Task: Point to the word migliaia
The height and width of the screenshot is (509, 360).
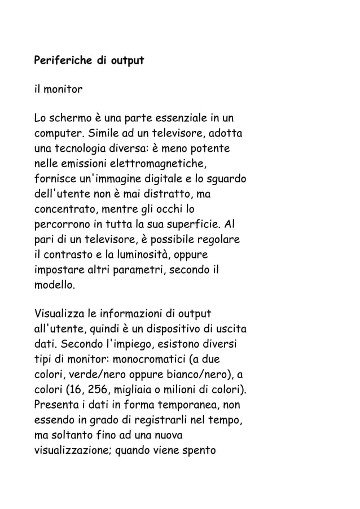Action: (x=139, y=389)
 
